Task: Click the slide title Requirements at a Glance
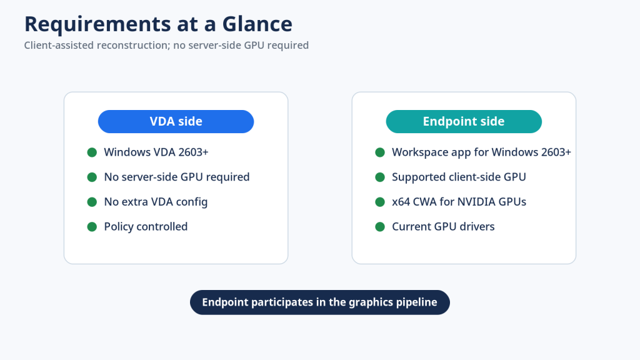click(158, 24)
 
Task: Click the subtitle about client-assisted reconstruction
click(166, 45)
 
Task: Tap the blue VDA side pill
click(176, 121)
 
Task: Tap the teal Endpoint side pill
click(464, 121)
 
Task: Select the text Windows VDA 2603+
click(156, 152)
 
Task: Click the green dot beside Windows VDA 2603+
click(92, 152)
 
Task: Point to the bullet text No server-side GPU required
click(177, 177)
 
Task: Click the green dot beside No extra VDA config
click(92, 202)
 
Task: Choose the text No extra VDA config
click(156, 202)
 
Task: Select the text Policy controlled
click(146, 226)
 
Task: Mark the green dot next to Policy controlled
click(92, 227)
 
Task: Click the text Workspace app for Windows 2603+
click(482, 152)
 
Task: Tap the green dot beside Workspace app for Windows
click(380, 152)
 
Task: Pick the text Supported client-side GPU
click(459, 177)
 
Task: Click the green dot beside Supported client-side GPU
click(380, 177)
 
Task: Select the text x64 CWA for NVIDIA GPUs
click(459, 202)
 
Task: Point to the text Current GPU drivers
click(443, 226)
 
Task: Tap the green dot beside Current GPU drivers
click(380, 227)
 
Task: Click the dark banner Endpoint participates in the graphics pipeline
click(320, 302)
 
